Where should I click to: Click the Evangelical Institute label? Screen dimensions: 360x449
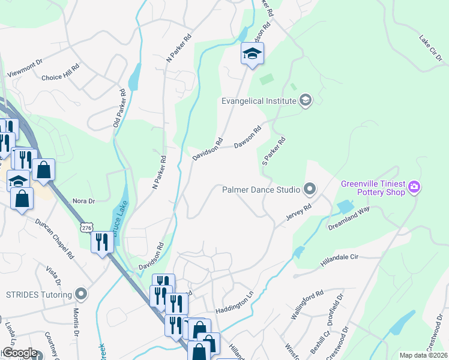pos(259,101)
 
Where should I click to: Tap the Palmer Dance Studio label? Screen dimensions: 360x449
pos(261,190)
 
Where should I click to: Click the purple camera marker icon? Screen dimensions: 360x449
pos(414,188)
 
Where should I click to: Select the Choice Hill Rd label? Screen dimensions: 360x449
pos(60,77)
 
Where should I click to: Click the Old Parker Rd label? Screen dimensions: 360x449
pos(118,108)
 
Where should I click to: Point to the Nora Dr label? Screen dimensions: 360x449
pos(83,201)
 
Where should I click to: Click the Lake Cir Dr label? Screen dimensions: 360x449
pos(430,48)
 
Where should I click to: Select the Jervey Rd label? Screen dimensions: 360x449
pos(298,211)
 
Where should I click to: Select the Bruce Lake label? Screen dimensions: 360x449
pos(118,229)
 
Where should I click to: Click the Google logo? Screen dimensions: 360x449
pos(19,353)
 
